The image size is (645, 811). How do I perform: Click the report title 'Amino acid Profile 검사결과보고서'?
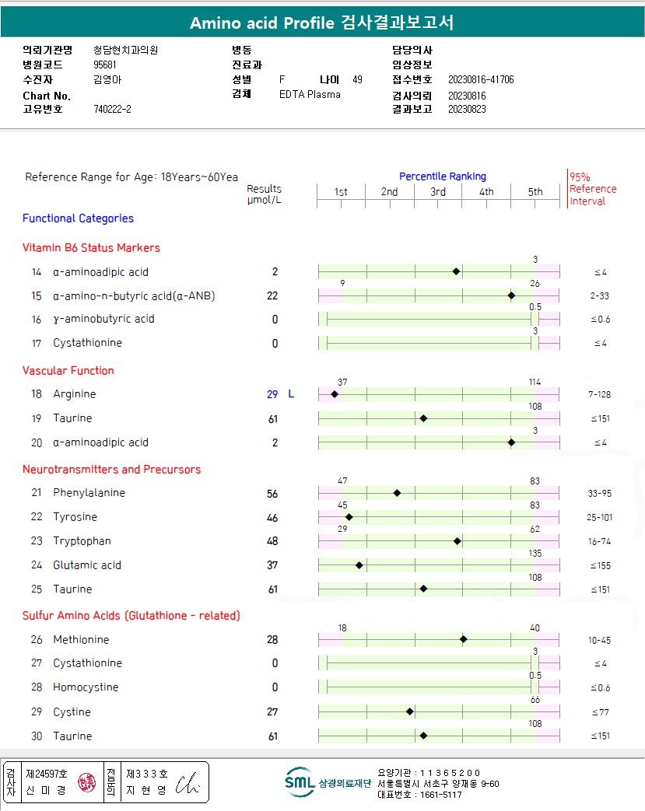(x=322, y=23)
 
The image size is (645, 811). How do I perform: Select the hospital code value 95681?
(x=105, y=65)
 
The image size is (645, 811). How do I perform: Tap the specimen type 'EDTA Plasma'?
(x=310, y=95)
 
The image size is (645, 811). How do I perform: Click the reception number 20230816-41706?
(x=481, y=80)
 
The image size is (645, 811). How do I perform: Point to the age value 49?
(x=357, y=79)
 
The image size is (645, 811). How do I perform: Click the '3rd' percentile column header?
(x=438, y=192)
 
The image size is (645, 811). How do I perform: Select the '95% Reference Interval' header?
(x=592, y=189)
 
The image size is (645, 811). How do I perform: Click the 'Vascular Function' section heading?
(x=68, y=371)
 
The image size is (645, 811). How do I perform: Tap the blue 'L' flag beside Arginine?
(x=291, y=394)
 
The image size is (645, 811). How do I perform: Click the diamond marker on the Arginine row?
(x=335, y=394)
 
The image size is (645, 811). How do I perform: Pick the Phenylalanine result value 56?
(x=272, y=494)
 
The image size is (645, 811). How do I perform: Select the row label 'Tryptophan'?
(x=82, y=541)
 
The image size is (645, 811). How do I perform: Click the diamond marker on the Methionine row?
(x=464, y=640)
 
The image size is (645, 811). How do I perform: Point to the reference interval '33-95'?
(x=599, y=494)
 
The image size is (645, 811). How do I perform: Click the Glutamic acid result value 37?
(x=272, y=565)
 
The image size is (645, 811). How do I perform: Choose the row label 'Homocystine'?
(x=86, y=687)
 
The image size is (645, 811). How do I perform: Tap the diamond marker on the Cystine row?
(x=410, y=711)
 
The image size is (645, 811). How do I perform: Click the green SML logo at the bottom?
(x=299, y=783)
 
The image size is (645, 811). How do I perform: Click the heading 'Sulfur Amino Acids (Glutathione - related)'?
(x=131, y=616)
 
